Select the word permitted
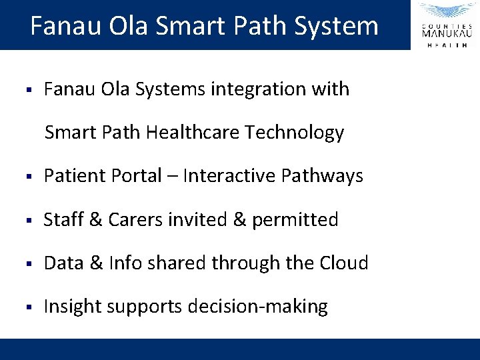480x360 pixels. point(295,219)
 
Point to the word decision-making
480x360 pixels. point(258,307)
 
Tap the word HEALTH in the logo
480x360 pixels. point(447,45)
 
